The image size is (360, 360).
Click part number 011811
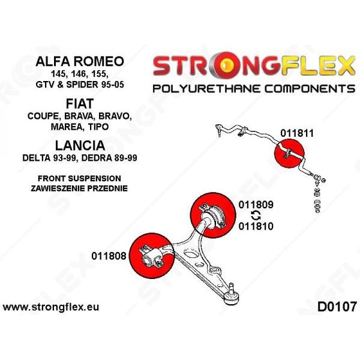(297, 133)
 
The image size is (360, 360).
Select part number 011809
(256, 205)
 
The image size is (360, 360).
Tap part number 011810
(256, 226)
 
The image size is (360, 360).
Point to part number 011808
(109, 256)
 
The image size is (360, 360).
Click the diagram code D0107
(337, 307)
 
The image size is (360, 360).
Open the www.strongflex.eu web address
(51, 307)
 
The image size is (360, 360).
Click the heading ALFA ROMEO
(80, 61)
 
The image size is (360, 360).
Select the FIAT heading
(80, 104)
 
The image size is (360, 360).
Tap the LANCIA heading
(80, 145)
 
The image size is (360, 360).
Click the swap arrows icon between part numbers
(256, 215)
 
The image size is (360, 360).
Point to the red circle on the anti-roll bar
(289, 153)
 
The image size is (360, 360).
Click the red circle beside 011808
(152, 256)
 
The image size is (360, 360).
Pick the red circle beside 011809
(213, 215)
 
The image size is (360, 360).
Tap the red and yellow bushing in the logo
(226, 65)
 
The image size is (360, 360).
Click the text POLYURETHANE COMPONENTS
(254, 88)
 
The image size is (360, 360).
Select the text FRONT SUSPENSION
(79, 178)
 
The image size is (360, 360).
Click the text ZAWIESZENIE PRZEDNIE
(79, 188)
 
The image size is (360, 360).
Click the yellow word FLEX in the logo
(318, 66)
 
